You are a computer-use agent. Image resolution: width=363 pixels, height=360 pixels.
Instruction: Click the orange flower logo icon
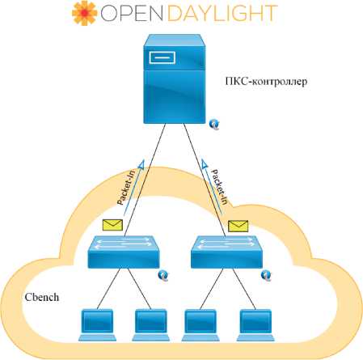pos(84,13)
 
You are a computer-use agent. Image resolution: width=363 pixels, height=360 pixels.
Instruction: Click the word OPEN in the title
pos(132,13)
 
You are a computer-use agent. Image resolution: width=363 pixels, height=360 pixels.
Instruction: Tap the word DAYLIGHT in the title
pos(222,13)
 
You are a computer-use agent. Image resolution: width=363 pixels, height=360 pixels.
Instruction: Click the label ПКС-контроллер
pos(266,81)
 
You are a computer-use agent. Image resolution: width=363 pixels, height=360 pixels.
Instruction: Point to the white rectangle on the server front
pos(163,57)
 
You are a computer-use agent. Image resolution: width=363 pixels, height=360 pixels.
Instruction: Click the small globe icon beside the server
pos(214,125)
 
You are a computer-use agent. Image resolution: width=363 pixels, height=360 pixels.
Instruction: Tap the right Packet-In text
pos(219,187)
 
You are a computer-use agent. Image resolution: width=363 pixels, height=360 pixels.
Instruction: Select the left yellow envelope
pos(112,225)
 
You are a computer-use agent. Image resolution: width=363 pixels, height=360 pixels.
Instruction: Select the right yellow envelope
pos(238,226)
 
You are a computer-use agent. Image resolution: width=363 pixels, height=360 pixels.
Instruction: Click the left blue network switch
pos(124,252)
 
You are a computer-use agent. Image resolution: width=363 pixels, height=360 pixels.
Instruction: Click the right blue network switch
pos(226,252)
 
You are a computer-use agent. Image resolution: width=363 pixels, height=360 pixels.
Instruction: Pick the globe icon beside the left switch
pos(163,276)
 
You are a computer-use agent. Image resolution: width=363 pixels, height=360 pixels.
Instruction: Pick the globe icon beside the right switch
pos(266,276)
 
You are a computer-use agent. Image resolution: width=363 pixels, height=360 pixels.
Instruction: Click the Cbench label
pos(42,297)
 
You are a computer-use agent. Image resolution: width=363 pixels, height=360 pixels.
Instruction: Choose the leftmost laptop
pos(97,325)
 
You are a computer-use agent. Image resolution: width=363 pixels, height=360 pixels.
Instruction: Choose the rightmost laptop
pos(255,325)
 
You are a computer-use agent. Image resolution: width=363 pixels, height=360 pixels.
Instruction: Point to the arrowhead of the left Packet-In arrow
pos(141,164)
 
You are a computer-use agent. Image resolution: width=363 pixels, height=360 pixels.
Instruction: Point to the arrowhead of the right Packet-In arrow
pos(205,164)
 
